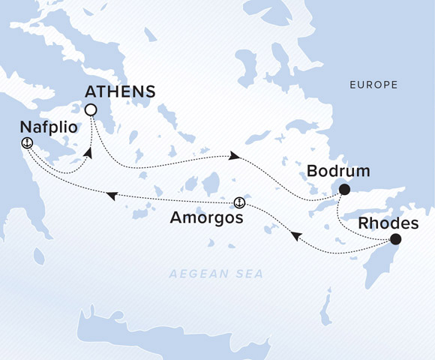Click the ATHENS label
(x=121, y=92)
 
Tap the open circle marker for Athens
(x=91, y=110)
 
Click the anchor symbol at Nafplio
(x=27, y=142)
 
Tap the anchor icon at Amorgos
(x=239, y=202)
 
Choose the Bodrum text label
(x=339, y=172)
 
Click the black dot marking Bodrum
(x=343, y=190)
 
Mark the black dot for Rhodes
(x=395, y=240)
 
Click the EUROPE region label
(x=373, y=85)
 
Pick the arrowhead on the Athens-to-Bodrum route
(x=235, y=156)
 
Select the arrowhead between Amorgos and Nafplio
(x=111, y=196)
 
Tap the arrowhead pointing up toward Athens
(x=88, y=154)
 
